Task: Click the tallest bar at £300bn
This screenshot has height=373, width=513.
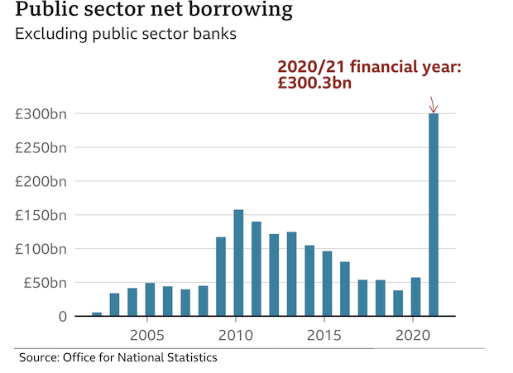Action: tap(434, 215)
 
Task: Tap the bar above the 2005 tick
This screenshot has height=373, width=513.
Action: tap(150, 299)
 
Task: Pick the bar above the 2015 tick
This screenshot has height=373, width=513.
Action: tap(327, 284)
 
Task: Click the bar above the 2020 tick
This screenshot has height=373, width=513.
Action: tap(415, 297)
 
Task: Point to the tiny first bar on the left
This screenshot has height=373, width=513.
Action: tap(97, 313)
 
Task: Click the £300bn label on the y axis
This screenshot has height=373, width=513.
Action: tap(41, 114)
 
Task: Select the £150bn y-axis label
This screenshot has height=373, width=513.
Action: tap(41, 215)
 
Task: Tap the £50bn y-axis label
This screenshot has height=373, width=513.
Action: tap(45, 283)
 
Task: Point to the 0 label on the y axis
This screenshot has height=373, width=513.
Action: tap(63, 317)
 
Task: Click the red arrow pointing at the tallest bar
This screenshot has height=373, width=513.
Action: tap(433, 105)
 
